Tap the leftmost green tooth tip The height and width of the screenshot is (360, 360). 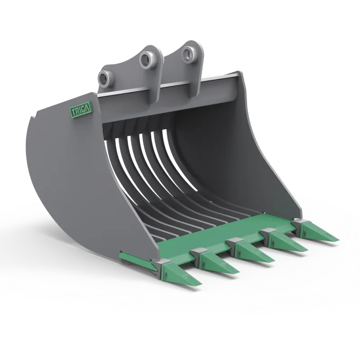202,284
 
